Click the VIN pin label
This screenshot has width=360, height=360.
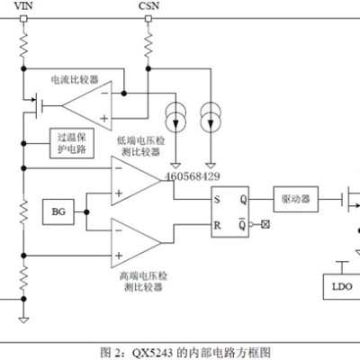[23, 5]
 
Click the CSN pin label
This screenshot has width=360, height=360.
[148, 5]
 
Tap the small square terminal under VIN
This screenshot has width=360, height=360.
[23, 19]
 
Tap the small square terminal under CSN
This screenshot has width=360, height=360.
[148, 19]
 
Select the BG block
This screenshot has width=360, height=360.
[58, 211]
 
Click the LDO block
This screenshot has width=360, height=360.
[342, 286]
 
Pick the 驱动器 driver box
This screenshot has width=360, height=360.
[296, 199]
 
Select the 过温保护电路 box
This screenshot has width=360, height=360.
[72, 143]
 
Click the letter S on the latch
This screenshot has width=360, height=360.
[217, 199]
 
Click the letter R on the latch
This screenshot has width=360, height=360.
[217, 225]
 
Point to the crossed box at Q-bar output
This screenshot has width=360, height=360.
[265, 224]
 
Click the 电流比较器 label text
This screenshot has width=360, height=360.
[75, 79]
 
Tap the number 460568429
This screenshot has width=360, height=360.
[193, 176]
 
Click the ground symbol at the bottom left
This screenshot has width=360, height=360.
[23, 319]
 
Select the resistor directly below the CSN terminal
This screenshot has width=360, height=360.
[148, 45]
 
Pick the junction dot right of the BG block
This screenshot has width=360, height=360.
[86, 212]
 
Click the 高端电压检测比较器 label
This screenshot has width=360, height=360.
[143, 282]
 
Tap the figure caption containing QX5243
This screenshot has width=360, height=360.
[185, 352]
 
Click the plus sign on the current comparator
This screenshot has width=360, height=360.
[104, 118]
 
